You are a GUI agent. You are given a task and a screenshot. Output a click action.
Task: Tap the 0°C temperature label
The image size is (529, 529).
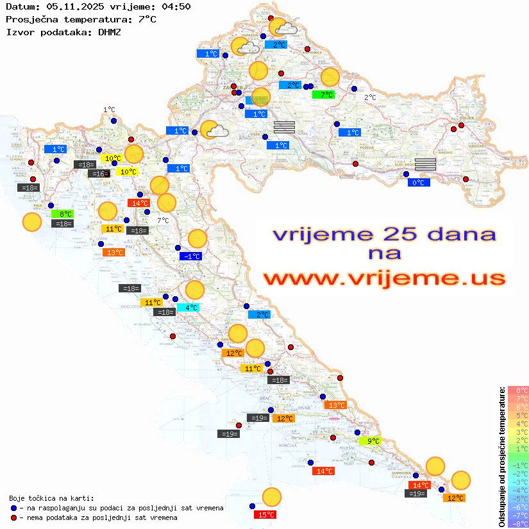click(419, 183)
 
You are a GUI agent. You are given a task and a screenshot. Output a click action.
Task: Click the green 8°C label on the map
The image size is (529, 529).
click(64, 214)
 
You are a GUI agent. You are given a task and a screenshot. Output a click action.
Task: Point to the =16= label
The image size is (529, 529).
click(99, 174)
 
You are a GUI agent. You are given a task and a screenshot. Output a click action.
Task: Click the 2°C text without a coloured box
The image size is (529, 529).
click(371, 97)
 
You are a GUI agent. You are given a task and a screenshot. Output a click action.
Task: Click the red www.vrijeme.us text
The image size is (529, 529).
click(383, 278)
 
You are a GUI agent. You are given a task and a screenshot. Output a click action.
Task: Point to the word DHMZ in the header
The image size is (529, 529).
click(110, 31)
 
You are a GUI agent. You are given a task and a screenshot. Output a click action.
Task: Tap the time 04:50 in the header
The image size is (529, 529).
click(175, 6)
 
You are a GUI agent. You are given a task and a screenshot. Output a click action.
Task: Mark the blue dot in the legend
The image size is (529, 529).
click(14, 508)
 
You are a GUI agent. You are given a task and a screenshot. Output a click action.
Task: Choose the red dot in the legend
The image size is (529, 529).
click(14, 517)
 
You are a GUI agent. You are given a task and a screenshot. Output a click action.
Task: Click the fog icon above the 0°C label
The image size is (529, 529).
click(426, 164)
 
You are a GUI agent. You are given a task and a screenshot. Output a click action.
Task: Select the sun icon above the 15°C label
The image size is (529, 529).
click(272, 497)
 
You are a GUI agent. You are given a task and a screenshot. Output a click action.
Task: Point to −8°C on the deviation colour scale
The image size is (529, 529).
click(518, 523)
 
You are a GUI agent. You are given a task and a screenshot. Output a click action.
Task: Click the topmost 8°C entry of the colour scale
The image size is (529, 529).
click(518, 390)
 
